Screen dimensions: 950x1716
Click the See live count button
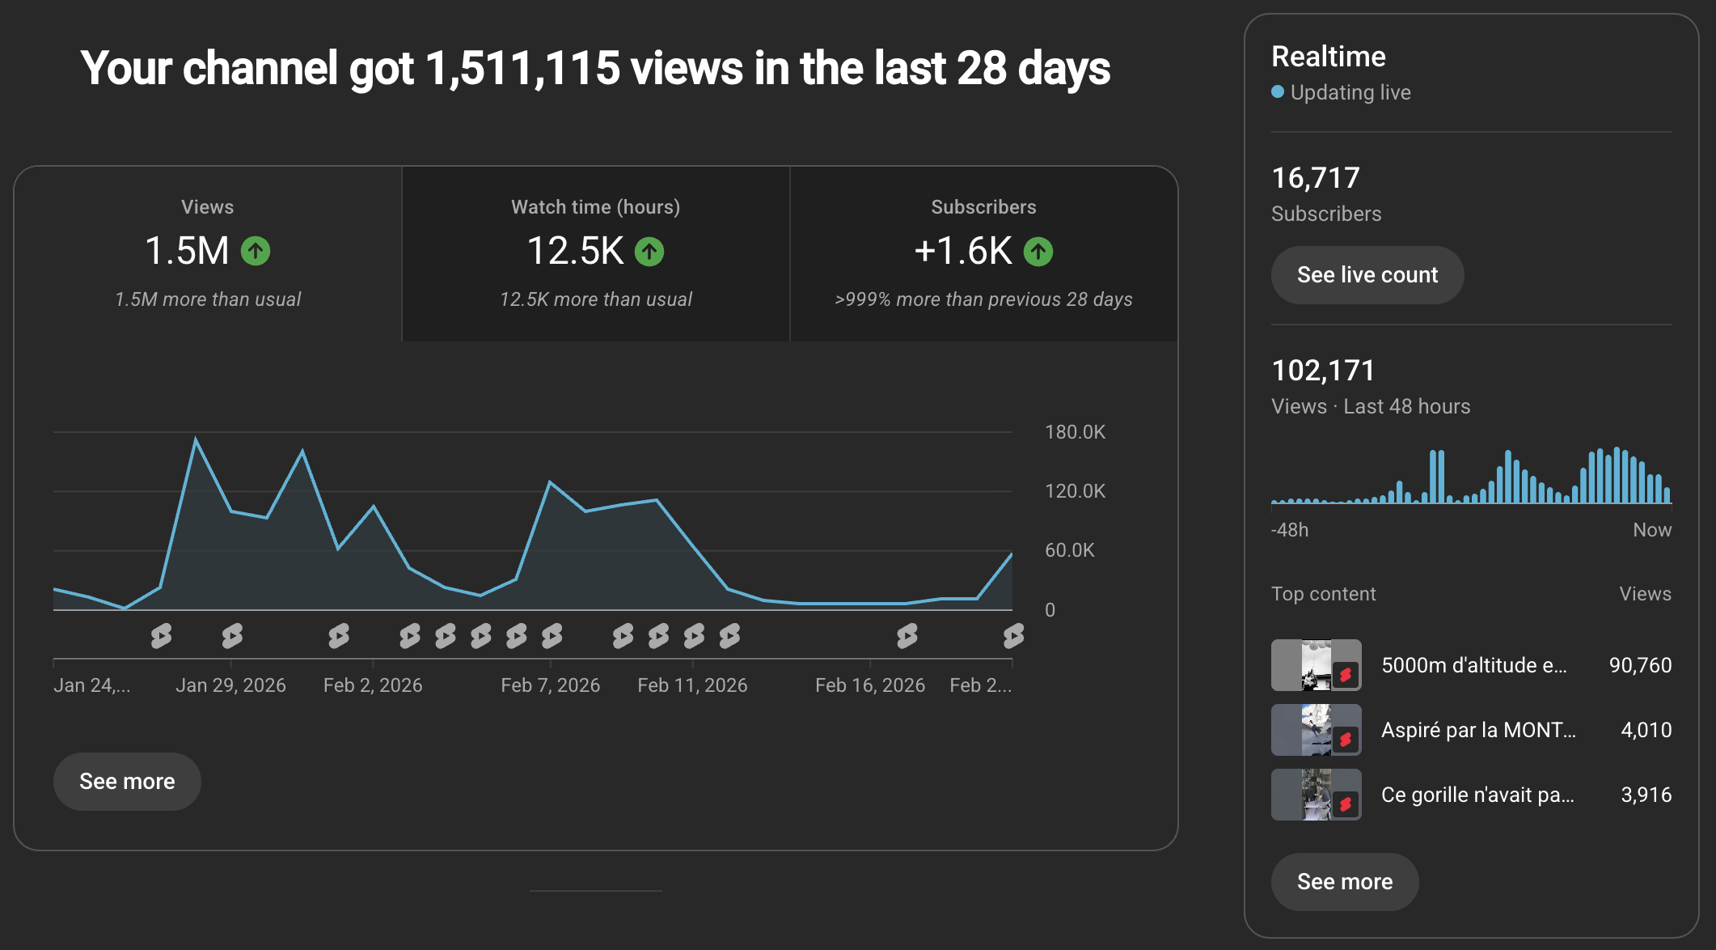1367,275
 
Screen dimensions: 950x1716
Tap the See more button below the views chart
127,781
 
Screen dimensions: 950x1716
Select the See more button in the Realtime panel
1344,881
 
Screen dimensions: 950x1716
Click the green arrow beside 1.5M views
256,251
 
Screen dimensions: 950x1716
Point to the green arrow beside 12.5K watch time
649,252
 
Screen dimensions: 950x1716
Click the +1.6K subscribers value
962,251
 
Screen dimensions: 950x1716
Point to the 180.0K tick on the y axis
1074,432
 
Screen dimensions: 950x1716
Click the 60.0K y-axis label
1069,550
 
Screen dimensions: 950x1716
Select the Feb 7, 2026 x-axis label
550,685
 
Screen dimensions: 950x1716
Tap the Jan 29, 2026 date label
230,685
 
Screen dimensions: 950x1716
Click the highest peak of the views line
196,439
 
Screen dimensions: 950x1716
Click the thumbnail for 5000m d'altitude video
1316,665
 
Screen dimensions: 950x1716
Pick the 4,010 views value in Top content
1646,730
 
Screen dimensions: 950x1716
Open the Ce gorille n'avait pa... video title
1477,795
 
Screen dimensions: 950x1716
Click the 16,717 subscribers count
1315,178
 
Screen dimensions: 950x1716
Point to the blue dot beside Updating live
1278,92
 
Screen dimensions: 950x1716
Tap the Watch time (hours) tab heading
595,207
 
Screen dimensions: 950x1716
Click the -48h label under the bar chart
1289,530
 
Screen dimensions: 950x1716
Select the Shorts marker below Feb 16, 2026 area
907,636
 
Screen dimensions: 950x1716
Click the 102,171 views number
1322,371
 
